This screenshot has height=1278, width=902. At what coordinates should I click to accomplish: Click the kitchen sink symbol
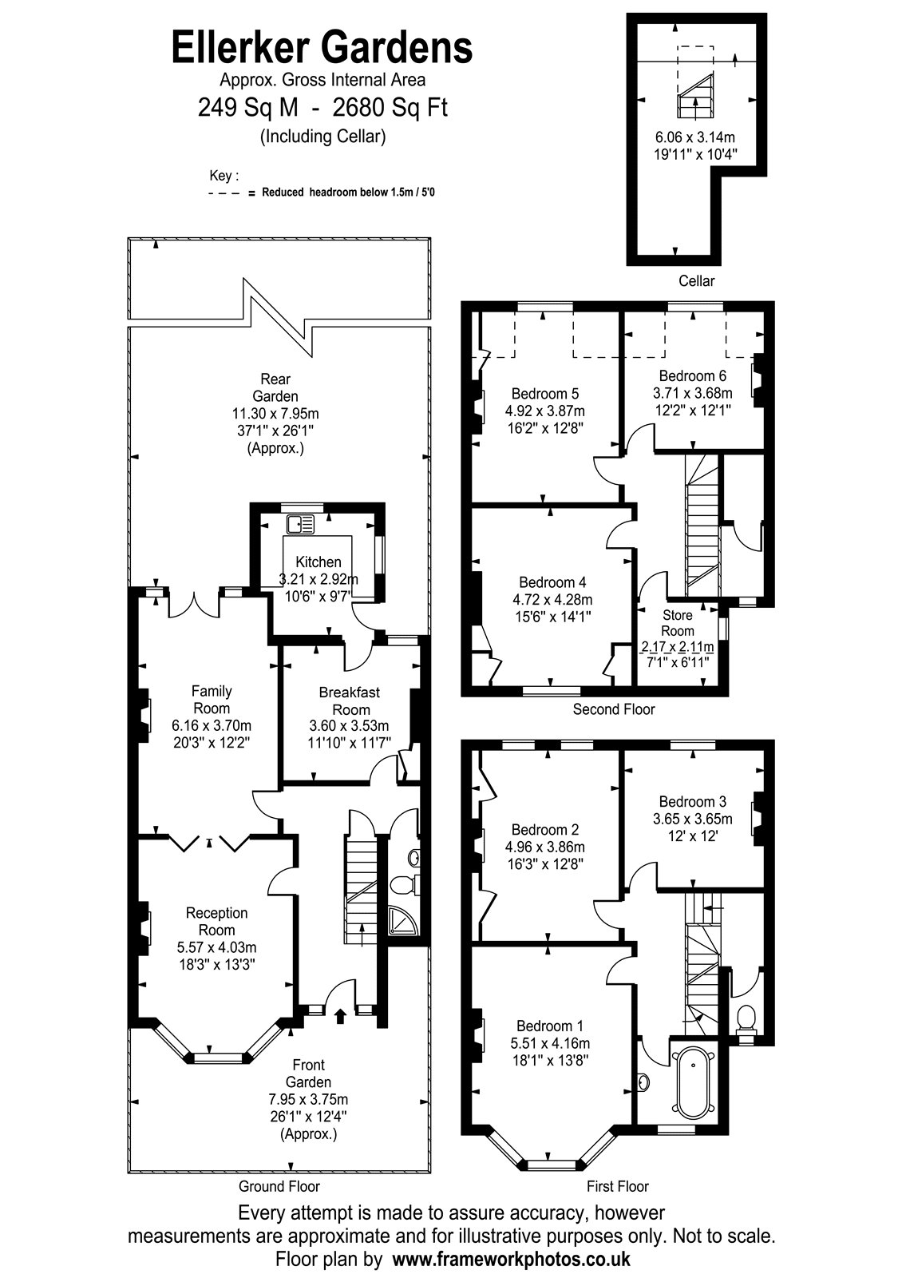[302, 524]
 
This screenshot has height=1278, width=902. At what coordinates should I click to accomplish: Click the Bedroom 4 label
[552, 582]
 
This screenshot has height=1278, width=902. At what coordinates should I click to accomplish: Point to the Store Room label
[678, 623]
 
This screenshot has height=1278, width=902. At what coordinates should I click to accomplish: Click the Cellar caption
[696, 280]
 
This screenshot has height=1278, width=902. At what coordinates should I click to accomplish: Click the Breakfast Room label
[350, 701]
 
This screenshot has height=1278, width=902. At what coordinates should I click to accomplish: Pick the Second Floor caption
[613, 709]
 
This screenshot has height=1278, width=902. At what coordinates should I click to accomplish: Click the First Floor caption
[617, 1186]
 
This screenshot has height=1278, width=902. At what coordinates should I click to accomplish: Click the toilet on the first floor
[746, 1018]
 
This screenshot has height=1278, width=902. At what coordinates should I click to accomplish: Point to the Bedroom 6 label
[692, 375]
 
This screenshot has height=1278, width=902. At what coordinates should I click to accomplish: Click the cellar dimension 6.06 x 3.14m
[691, 137]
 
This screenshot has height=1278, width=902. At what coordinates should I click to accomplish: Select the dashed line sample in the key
[227, 193]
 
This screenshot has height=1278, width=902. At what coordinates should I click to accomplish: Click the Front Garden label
[308, 1073]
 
